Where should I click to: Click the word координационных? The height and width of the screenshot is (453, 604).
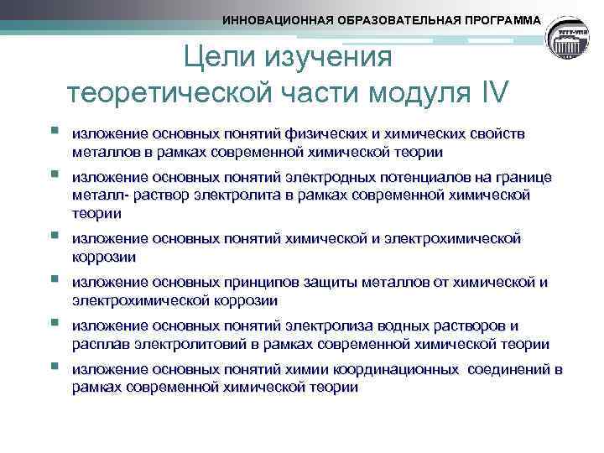pos(387,370)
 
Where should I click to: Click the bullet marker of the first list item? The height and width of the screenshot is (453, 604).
pos(54,132)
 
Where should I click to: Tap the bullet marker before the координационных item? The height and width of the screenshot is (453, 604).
pos(54,367)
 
